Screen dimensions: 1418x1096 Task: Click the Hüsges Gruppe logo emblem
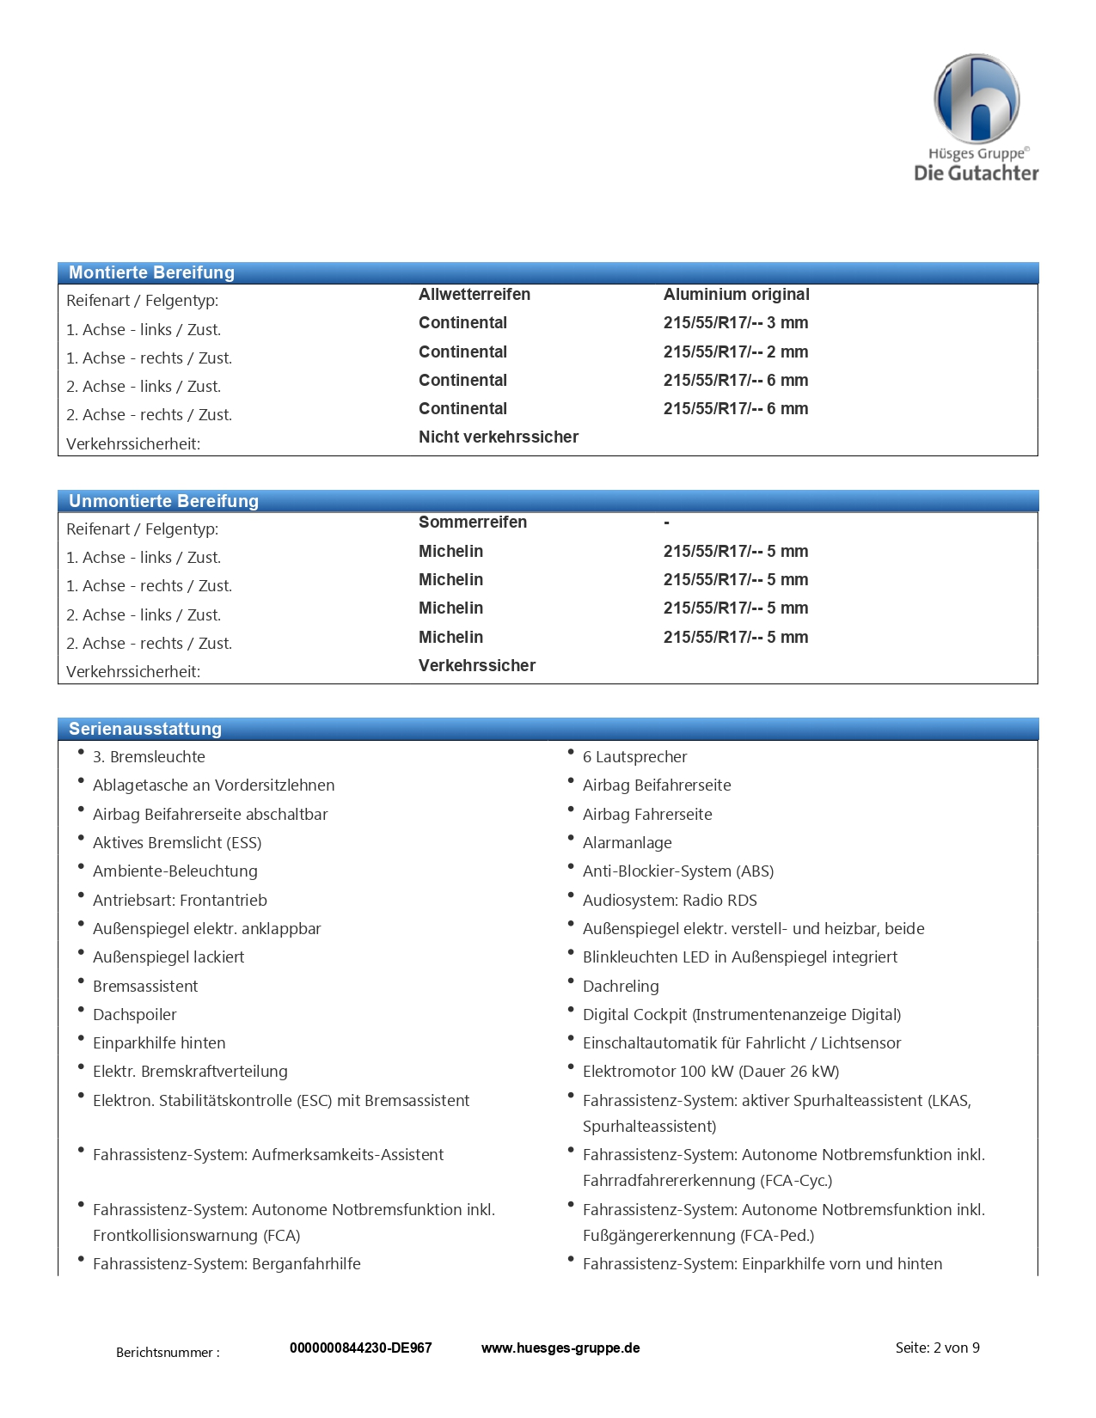click(x=977, y=99)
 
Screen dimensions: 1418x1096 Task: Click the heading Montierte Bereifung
click(x=151, y=272)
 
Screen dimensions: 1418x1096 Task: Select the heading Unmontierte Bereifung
click(x=163, y=501)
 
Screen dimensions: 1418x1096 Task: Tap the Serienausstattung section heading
click(x=145, y=729)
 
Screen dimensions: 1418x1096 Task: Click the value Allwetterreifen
click(x=475, y=294)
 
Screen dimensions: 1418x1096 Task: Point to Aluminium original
click(x=736, y=294)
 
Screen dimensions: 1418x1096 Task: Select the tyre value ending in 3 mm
click(x=735, y=323)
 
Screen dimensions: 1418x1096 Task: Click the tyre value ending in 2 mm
click(x=735, y=351)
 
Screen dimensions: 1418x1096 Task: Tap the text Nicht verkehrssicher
click(x=498, y=437)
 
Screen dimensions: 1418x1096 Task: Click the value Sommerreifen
click(x=472, y=522)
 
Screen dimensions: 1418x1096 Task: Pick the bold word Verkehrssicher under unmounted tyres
click(x=476, y=665)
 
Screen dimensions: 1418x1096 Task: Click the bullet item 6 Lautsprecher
click(x=634, y=756)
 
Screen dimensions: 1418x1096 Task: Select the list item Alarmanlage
click(x=627, y=842)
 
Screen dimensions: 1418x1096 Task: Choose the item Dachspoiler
click(x=134, y=1014)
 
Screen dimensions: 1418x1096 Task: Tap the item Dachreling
click(x=621, y=986)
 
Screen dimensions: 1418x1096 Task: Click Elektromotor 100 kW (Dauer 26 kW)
click(x=710, y=1071)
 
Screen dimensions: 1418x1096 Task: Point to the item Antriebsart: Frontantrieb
click(x=180, y=900)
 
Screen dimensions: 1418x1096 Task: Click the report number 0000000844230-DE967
click(x=360, y=1348)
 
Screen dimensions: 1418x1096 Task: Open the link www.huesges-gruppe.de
click(x=560, y=1348)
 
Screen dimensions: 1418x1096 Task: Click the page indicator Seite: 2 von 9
click(x=937, y=1348)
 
